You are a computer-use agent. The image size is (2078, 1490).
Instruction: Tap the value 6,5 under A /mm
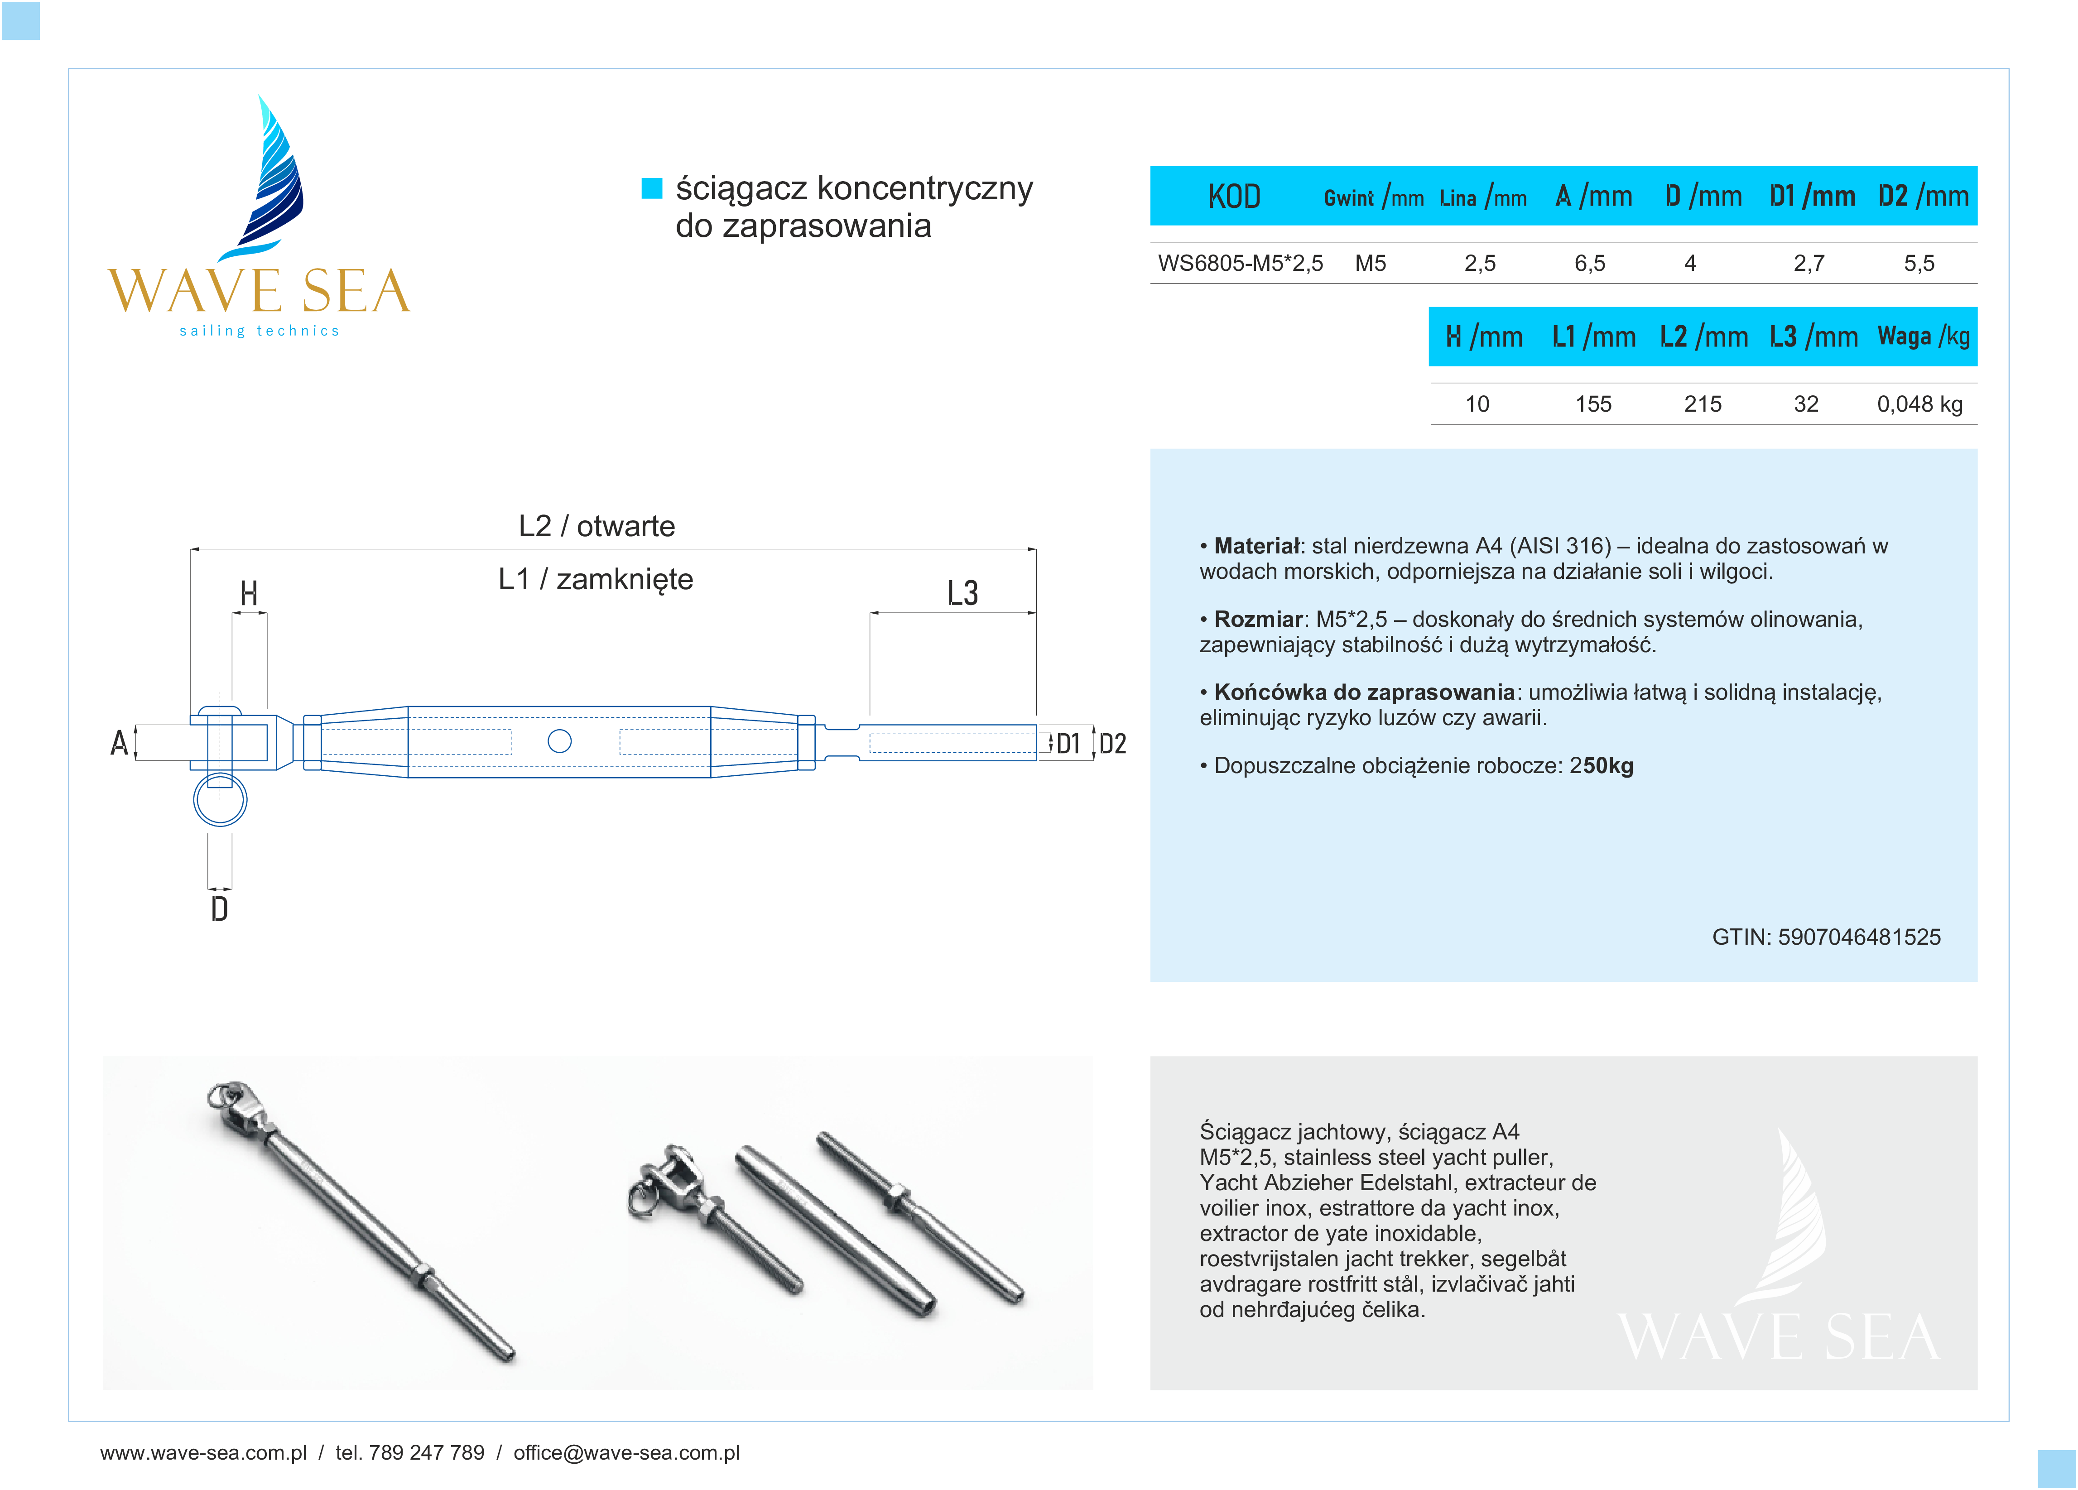(x=1590, y=264)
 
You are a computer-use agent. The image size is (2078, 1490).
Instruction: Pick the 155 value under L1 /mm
(x=1593, y=404)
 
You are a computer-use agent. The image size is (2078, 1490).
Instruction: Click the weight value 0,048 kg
(x=1919, y=404)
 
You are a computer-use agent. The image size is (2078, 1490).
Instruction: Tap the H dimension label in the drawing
(x=248, y=594)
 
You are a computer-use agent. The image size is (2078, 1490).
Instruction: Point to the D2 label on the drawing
(x=1112, y=743)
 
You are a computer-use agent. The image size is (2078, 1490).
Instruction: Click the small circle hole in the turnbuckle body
(x=559, y=741)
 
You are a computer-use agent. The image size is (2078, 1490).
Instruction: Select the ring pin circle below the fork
(x=220, y=800)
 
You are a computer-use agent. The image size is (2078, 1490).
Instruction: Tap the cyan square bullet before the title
(x=651, y=188)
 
